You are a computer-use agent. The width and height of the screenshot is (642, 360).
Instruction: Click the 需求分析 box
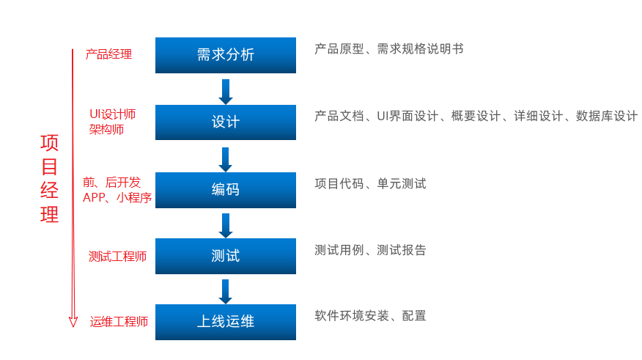coord(226,55)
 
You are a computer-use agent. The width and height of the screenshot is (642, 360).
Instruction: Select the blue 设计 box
coord(226,122)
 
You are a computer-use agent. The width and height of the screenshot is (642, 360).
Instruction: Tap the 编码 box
coord(226,190)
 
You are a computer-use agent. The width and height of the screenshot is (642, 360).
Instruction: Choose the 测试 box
coord(226,256)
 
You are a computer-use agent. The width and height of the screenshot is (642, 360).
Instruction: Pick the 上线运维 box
coord(226,322)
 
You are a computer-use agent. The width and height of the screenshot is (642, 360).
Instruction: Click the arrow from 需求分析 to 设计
coord(226,91)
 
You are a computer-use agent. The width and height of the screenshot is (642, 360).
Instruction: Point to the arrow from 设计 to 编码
coord(226,159)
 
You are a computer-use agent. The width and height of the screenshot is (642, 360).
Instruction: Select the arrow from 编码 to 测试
coord(226,225)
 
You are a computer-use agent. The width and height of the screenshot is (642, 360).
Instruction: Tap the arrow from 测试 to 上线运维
coord(226,291)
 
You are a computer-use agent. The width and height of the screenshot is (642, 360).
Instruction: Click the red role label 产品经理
coord(108,54)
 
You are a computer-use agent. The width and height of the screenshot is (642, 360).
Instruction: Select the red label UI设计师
coord(112,114)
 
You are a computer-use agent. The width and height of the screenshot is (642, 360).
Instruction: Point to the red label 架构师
coord(106,130)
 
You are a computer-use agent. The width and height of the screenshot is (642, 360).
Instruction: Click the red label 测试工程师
coord(117,256)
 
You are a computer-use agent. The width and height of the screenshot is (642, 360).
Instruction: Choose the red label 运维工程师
coord(119,322)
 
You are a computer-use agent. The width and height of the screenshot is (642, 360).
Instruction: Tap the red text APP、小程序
coord(117,197)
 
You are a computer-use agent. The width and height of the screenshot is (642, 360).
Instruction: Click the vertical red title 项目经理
coord(49,179)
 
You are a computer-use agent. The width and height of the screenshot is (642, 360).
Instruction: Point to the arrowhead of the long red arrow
coord(73,321)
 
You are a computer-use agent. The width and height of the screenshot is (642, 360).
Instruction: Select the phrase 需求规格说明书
coord(420,49)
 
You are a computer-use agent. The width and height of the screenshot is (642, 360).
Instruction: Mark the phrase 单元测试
coord(402,183)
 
